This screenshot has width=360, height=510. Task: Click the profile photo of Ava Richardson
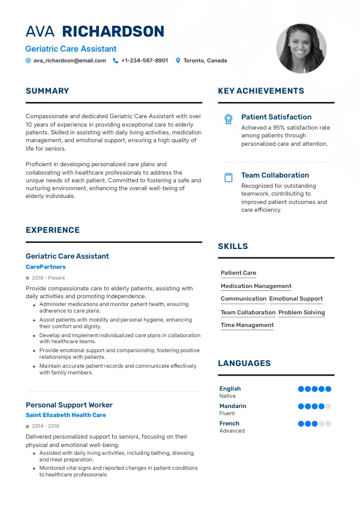point(301,49)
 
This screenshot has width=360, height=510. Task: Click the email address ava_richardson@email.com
point(70,61)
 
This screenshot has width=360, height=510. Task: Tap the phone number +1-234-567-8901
point(145,61)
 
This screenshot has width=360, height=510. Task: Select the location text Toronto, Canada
point(205,61)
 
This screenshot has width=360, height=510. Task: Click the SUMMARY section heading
point(47,91)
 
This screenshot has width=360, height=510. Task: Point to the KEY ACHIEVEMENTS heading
point(261,91)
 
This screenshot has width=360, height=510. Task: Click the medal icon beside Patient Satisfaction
point(228,119)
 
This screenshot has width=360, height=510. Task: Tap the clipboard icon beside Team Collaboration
point(228,178)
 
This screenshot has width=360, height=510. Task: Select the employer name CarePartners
point(46,267)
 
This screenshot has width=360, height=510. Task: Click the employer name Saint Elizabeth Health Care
point(66,415)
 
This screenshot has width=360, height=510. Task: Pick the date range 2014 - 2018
point(46,426)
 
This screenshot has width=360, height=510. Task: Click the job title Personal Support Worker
point(69,405)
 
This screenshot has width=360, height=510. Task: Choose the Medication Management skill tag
point(256,286)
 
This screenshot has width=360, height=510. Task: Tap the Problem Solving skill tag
point(302,313)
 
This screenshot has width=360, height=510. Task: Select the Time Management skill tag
point(247,325)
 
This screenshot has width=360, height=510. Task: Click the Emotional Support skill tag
point(296,299)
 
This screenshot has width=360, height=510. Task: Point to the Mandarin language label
point(233,406)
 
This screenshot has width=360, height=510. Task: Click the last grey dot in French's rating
point(328,424)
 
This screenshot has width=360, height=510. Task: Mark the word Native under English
point(227,396)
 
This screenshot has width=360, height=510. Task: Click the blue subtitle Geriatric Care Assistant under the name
point(71,49)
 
